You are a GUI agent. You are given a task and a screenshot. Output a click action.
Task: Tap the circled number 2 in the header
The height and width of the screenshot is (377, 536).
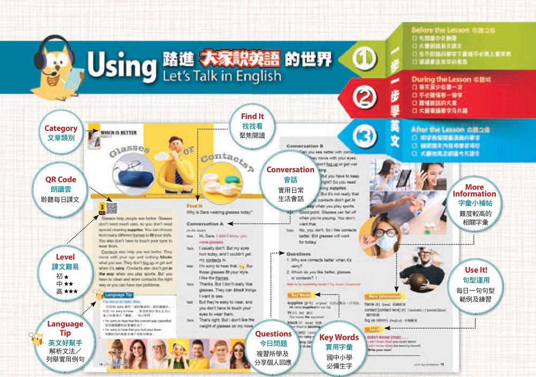pos(364,98)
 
